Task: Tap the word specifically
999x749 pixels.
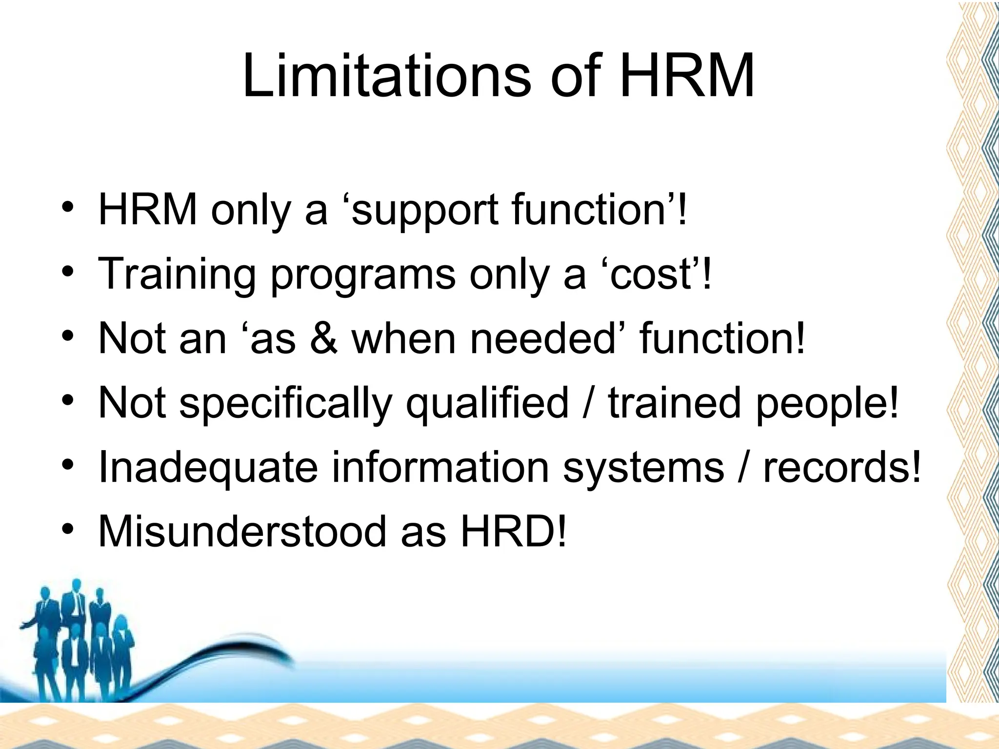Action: (x=286, y=404)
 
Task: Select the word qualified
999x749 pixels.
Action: (x=487, y=404)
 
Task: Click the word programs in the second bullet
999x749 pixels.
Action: (x=363, y=275)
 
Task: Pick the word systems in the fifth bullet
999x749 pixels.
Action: (x=643, y=468)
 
